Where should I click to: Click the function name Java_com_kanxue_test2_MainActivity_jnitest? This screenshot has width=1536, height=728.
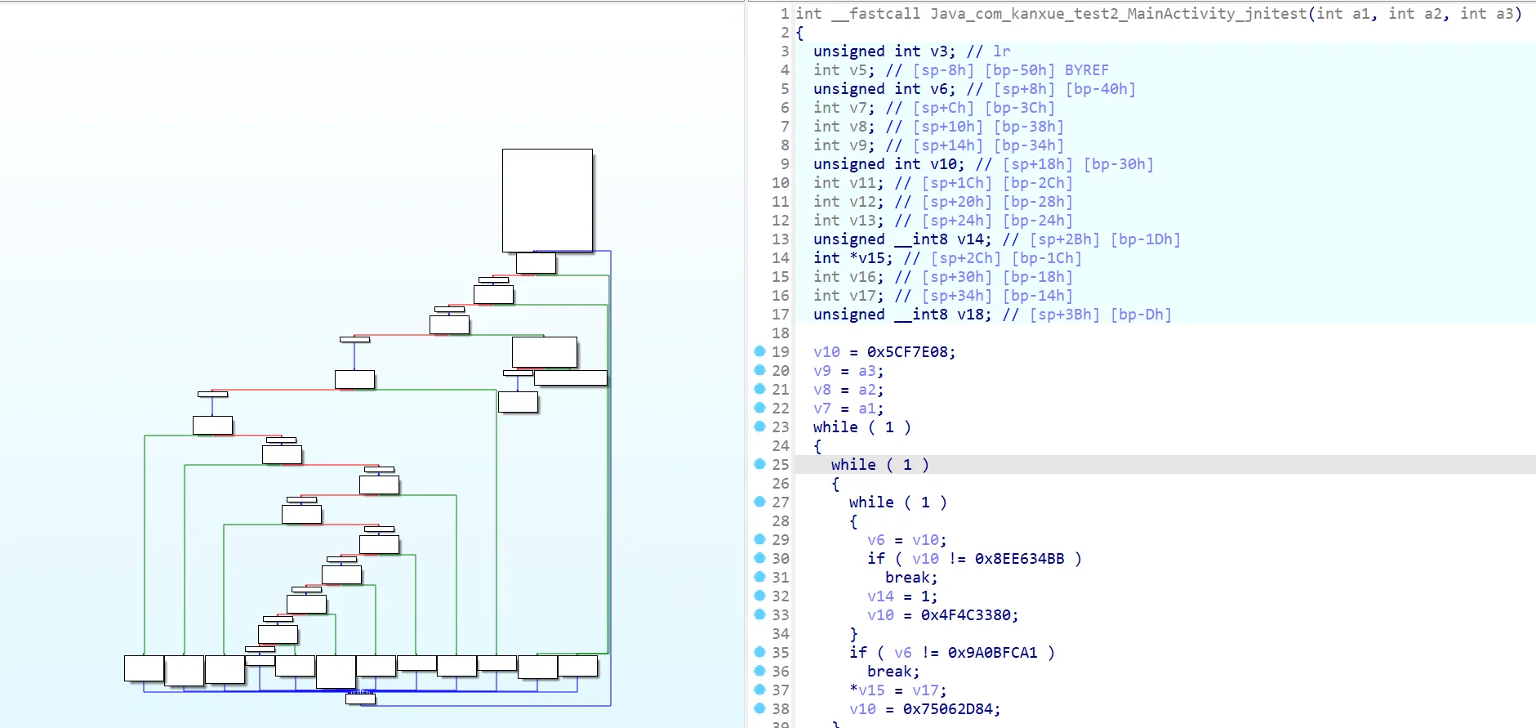1117,14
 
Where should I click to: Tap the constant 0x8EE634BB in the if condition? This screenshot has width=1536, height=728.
1019,559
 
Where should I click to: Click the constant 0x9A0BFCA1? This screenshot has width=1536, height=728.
992,653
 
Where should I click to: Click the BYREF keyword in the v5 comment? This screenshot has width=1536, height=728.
1086,70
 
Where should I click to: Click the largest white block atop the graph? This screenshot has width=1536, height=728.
547,200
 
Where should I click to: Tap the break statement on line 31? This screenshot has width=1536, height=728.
910,578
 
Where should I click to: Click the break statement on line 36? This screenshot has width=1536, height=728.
893,672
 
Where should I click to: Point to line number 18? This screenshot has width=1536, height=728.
781,333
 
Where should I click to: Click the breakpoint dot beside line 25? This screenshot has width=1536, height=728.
759,464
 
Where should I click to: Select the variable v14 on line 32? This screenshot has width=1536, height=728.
880,596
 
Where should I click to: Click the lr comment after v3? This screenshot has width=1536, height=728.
1001,51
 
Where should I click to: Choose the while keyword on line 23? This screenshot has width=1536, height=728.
835,427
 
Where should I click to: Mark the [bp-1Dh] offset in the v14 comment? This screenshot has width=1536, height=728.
1145,239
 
